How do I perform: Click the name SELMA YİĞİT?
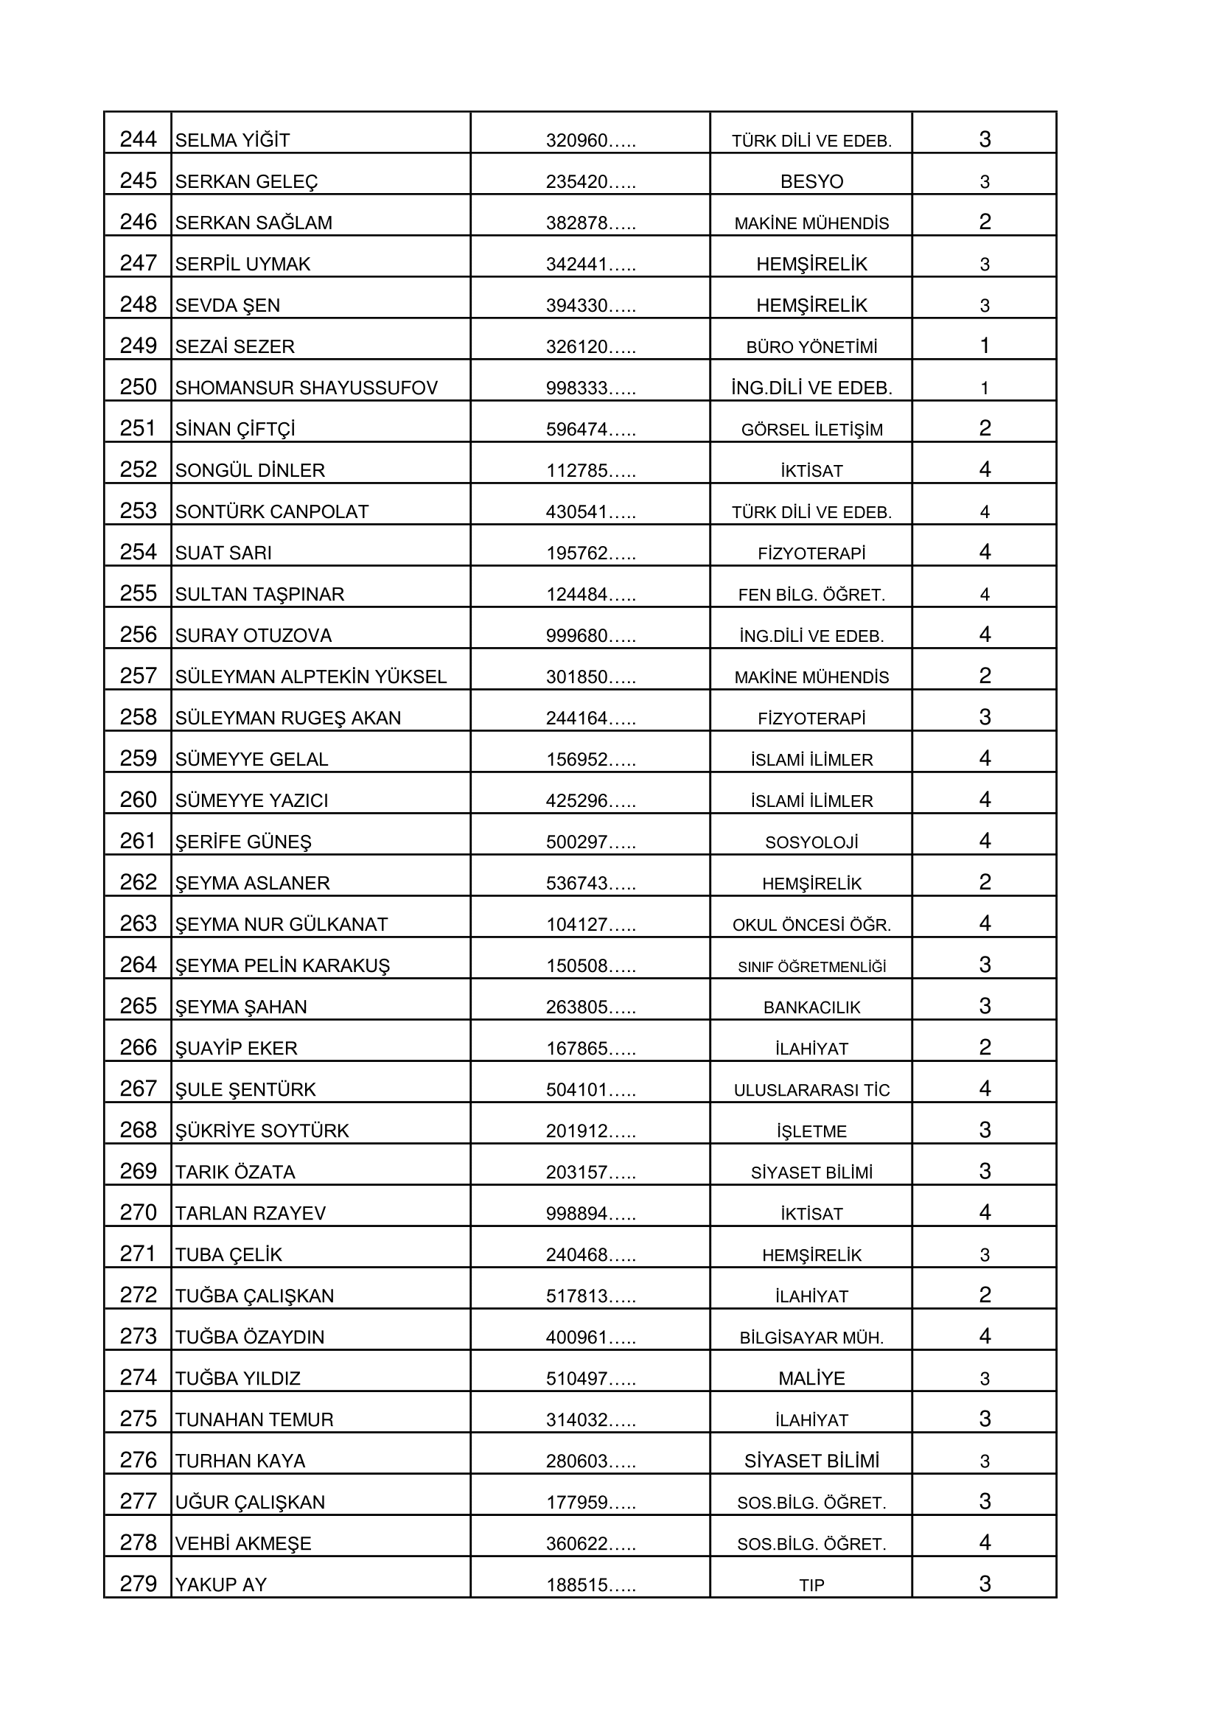(x=232, y=140)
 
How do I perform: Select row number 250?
(x=138, y=387)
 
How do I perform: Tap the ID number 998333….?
(x=590, y=388)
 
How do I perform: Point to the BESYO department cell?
(x=811, y=181)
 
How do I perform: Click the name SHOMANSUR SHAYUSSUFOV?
(x=307, y=388)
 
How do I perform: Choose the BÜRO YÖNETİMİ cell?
(x=811, y=346)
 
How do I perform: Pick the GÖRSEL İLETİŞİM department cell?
(x=811, y=429)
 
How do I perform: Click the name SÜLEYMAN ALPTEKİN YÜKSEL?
(x=311, y=677)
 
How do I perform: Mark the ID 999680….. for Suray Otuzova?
(x=590, y=635)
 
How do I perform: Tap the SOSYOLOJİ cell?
(x=811, y=842)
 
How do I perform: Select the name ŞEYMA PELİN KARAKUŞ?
(x=282, y=966)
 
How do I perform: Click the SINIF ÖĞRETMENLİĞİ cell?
(x=811, y=967)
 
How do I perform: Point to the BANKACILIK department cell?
(x=811, y=1007)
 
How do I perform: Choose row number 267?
(x=138, y=1089)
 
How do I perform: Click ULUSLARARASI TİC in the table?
(x=811, y=1090)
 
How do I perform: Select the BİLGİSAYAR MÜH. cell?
(x=811, y=1338)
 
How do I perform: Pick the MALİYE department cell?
(x=811, y=1378)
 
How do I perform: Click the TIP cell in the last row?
(x=811, y=1585)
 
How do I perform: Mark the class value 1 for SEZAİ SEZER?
(x=984, y=346)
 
